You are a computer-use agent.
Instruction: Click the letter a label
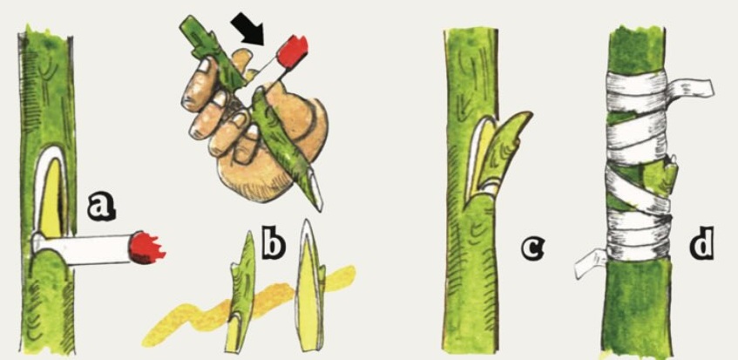[102, 208]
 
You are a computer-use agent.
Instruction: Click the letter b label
[274, 245]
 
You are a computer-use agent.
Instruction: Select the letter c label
[531, 248]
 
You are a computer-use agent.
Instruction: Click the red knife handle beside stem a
[148, 247]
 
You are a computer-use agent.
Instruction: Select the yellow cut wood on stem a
[51, 199]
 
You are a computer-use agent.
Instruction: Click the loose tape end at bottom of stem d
[590, 264]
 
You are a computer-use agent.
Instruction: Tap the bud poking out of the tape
[671, 168]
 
